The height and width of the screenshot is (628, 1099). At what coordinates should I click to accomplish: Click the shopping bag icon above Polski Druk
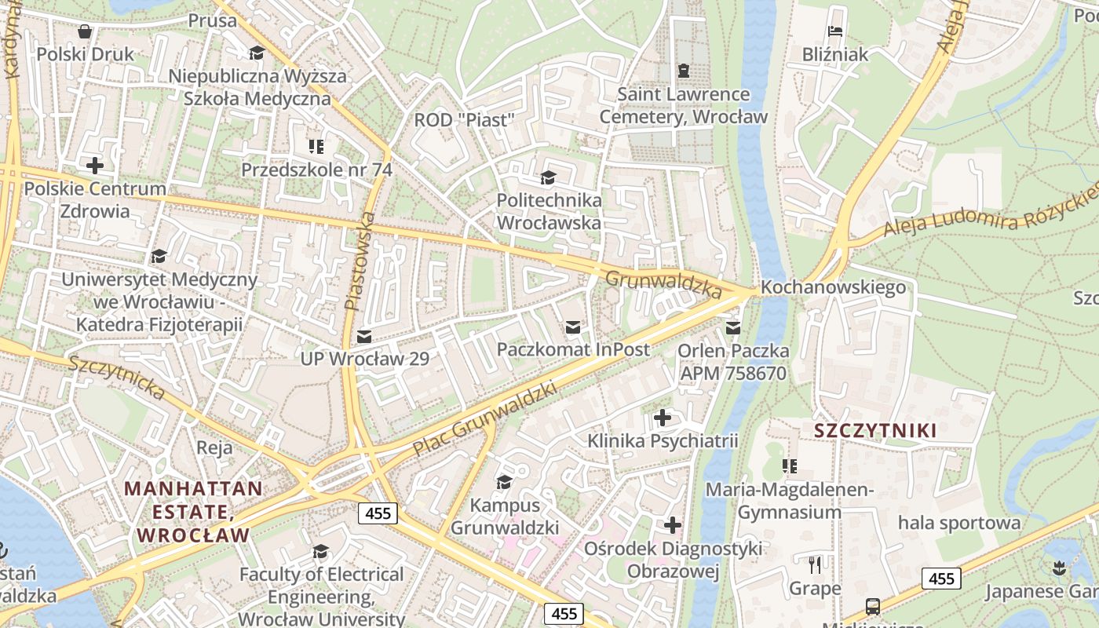point(85,31)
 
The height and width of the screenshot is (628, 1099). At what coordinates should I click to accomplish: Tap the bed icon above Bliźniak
point(835,31)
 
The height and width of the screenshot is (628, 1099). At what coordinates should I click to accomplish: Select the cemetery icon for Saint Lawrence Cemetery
point(683,71)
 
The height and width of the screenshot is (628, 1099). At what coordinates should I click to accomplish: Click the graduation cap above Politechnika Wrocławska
point(548,178)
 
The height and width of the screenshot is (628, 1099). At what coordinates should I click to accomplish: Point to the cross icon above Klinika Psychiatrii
point(663,418)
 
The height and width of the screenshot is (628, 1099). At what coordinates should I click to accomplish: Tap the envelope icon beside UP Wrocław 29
point(364,337)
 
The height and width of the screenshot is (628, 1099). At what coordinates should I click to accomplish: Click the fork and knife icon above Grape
point(815,564)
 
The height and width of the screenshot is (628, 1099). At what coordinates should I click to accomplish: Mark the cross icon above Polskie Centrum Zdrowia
point(95,166)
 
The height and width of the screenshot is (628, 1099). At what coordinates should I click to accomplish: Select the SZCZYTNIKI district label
point(875,430)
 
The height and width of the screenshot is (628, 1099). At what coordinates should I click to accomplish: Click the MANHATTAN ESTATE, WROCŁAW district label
point(193,512)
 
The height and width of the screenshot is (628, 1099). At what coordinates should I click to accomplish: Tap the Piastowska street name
point(360,259)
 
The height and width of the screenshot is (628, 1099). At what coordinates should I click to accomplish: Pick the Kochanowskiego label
point(833,287)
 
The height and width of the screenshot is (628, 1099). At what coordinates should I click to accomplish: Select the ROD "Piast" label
point(464,120)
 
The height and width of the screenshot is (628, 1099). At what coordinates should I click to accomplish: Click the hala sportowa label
point(959,523)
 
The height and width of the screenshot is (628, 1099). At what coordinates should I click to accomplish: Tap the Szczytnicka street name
point(116,378)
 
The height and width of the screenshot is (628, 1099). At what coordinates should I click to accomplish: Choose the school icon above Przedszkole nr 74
point(316,146)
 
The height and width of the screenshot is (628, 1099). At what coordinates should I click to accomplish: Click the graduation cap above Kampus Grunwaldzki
point(504,481)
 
